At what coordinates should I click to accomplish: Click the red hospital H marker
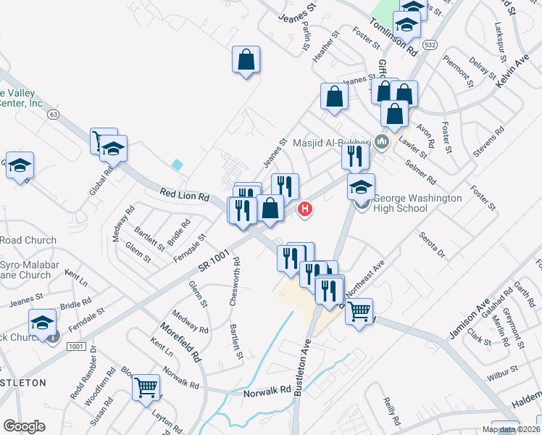pyautogui.click(x=306, y=210)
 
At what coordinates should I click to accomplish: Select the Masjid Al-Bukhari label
pyautogui.click(x=332, y=143)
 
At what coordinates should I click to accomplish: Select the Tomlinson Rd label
pyautogui.click(x=393, y=37)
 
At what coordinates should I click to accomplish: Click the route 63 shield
pyautogui.click(x=52, y=114)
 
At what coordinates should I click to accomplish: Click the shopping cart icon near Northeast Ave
pyautogui.click(x=359, y=312)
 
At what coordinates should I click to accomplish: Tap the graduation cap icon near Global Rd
pyautogui.click(x=113, y=149)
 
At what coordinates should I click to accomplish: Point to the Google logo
pyautogui.click(x=25, y=426)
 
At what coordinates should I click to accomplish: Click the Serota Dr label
pyautogui.click(x=431, y=244)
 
